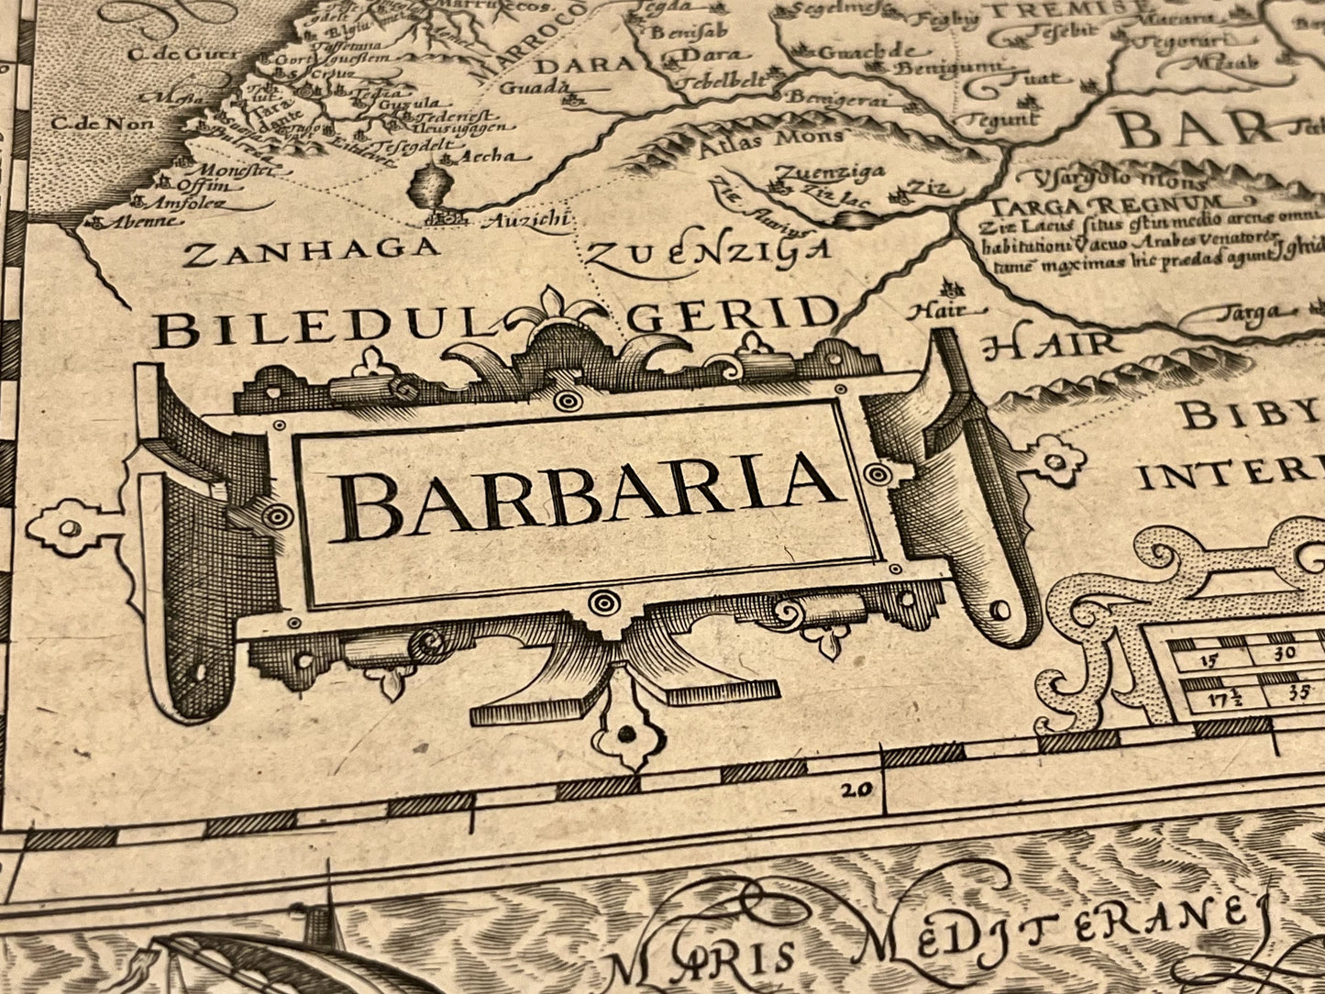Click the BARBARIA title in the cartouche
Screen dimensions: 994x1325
click(587, 497)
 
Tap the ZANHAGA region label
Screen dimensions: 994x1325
click(310, 248)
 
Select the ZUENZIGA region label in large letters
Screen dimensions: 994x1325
click(708, 251)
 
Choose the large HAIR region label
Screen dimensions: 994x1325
click(1050, 345)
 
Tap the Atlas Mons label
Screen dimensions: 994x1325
click(771, 138)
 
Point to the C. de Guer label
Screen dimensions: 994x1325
click(170, 54)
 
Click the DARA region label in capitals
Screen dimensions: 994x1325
click(585, 65)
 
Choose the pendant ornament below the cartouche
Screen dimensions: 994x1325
click(627, 731)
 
